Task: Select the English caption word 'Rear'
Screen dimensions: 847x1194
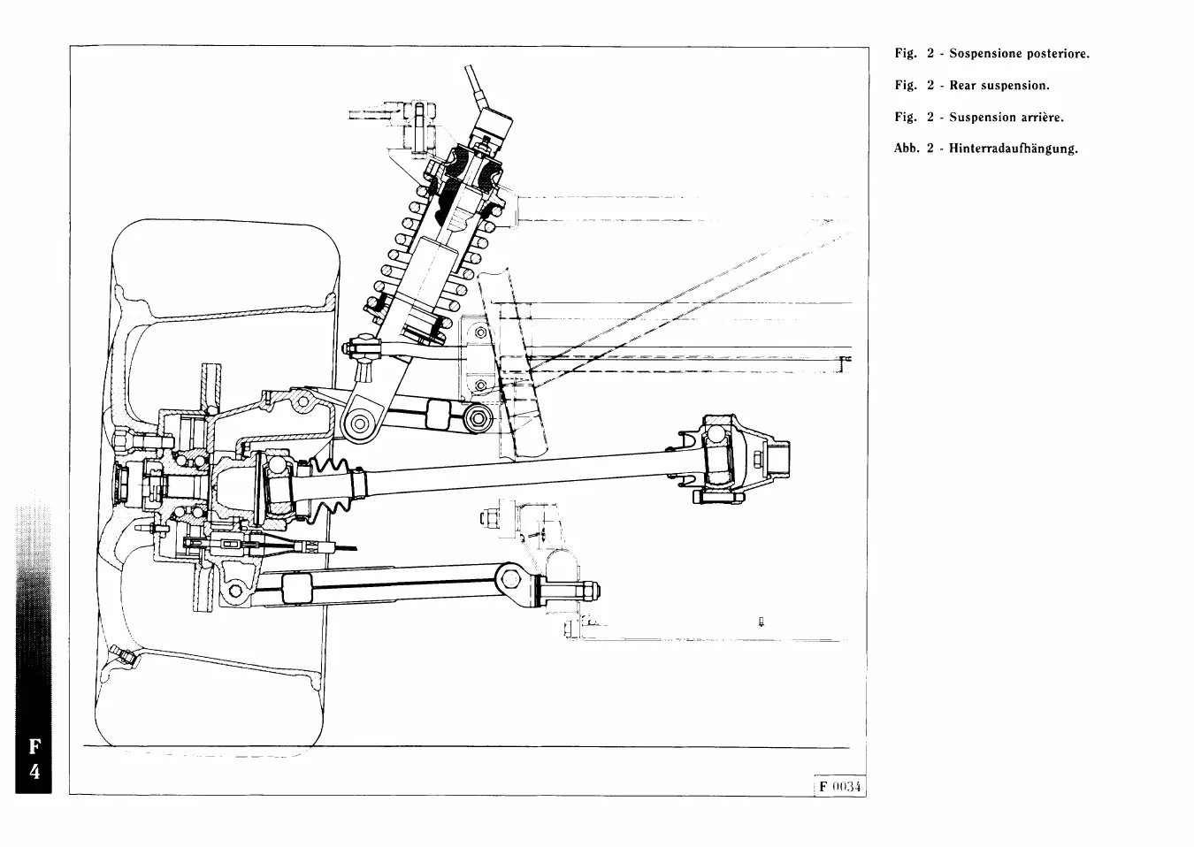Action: click(962, 86)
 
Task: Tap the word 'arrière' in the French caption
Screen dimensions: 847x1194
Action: click(1042, 118)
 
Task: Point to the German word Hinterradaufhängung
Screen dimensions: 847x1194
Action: click(1013, 149)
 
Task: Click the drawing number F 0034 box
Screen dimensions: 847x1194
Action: click(839, 787)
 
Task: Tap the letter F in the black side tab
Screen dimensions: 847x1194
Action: click(34, 745)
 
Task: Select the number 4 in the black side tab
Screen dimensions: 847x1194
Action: click(34, 771)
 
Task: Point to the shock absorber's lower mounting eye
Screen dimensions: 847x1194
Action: click(360, 424)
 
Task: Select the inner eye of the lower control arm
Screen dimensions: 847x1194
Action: click(510, 579)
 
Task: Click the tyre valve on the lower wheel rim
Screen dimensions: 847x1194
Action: click(121, 656)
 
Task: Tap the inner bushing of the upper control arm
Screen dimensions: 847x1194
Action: click(479, 417)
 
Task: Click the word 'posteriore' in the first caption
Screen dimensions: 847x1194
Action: click(1058, 54)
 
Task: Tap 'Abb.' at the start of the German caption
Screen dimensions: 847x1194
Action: click(907, 149)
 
